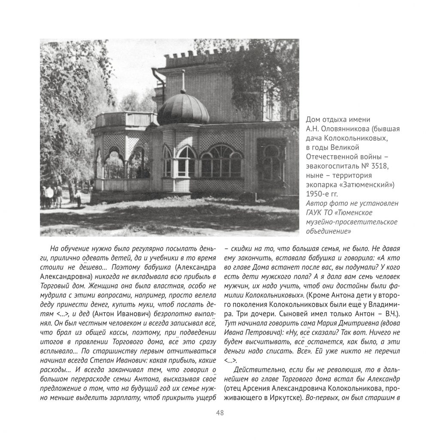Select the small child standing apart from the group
[x=78, y=198]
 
